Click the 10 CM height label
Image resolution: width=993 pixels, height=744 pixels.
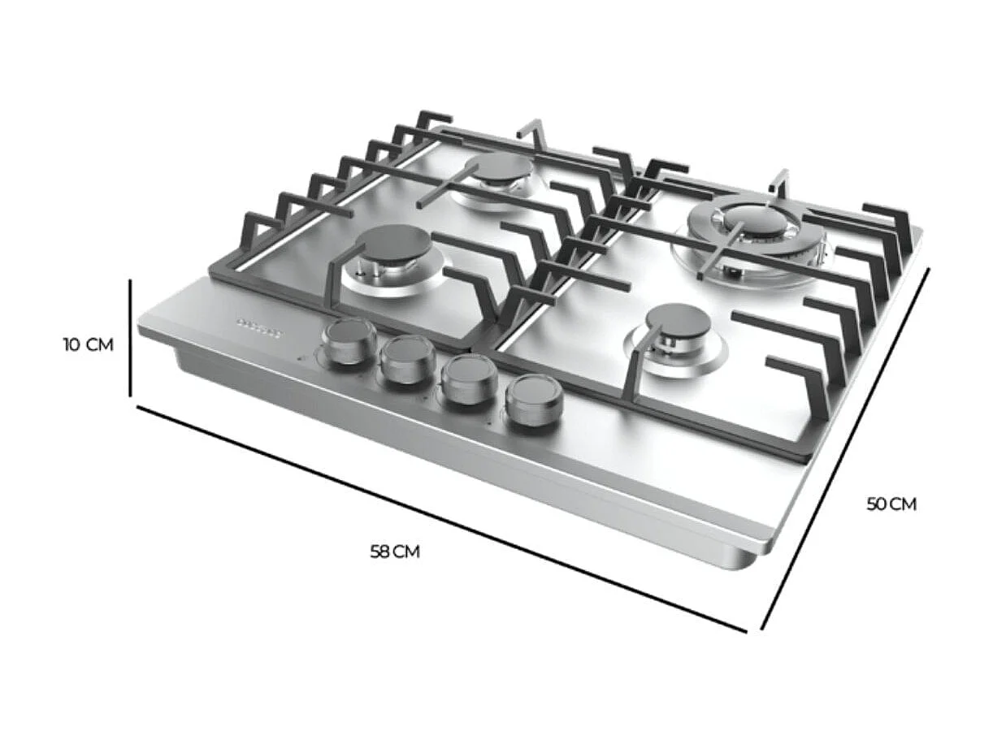click(x=88, y=344)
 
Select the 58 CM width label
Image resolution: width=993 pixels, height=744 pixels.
click(x=395, y=552)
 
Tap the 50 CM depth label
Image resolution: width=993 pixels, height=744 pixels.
click(x=891, y=504)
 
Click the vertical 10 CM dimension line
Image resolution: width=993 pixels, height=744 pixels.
click(x=130, y=337)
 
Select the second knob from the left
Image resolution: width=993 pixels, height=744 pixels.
click(x=408, y=359)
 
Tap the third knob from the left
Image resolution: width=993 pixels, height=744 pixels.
click(x=469, y=378)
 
